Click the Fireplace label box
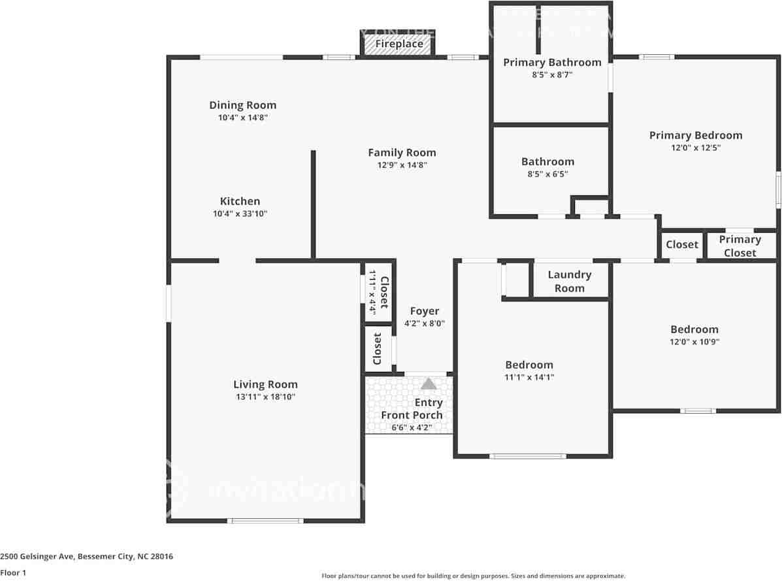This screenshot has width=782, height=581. (399, 44)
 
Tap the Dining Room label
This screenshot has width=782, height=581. (242, 105)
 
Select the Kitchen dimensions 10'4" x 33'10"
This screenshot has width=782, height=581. (243, 214)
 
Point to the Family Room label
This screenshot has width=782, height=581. (402, 153)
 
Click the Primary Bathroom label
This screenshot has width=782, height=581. (552, 63)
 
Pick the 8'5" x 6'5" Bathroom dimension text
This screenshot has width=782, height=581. (547, 174)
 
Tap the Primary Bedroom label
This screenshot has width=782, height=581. (695, 135)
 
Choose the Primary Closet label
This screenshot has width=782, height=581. (740, 246)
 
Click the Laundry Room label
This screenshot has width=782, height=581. (569, 281)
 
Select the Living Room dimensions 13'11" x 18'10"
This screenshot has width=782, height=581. (265, 397)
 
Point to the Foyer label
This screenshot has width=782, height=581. (424, 311)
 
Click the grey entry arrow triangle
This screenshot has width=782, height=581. (429, 384)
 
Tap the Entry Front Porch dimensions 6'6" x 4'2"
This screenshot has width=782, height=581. (412, 428)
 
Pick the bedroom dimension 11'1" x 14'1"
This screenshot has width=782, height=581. (529, 377)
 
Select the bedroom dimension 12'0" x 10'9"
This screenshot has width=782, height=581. (694, 342)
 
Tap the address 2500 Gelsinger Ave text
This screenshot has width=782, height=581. (87, 557)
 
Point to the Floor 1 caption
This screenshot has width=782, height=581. (13, 573)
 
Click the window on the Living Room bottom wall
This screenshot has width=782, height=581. (265, 521)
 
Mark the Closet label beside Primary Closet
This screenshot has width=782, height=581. (682, 244)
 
